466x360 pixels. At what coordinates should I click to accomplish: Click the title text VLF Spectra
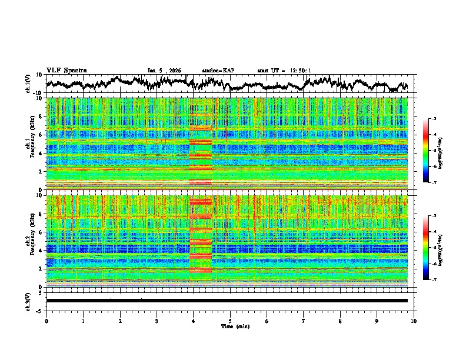point(66,70)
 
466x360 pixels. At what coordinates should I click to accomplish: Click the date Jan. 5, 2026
point(164,71)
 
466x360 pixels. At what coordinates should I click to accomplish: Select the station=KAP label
point(218,71)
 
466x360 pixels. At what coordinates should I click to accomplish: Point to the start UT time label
point(284,71)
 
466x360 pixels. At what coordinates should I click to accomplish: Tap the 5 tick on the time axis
point(230,321)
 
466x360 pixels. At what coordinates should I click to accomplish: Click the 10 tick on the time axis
point(414,321)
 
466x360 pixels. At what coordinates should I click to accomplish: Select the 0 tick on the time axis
point(46,321)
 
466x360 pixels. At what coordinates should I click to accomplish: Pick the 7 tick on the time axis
point(304,321)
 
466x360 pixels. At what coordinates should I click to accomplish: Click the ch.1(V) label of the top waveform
point(28,84)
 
